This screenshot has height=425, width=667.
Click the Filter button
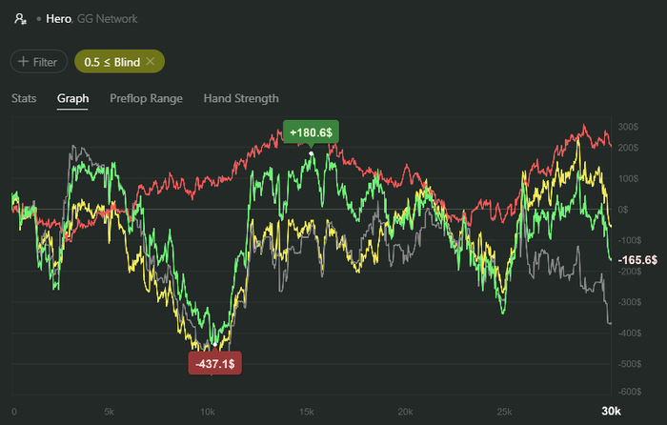point(38,62)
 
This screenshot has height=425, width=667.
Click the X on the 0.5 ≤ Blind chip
point(151,62)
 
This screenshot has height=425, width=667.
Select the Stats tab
point(24,98)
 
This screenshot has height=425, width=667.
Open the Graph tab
point(72,98)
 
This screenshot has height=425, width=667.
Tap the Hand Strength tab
point(241,98)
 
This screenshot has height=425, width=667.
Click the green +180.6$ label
point(311,133)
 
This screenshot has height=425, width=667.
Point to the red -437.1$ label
point(214,363)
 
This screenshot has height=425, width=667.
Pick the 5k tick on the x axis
point(110,411)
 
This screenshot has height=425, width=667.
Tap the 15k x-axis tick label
point(307,411)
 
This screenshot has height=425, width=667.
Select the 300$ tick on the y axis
point(627,127)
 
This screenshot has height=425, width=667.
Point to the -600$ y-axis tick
point(626,392)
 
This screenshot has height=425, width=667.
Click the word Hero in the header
point(60,18)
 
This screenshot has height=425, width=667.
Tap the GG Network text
point(110,18)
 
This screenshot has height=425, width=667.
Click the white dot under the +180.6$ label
point(311,153)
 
